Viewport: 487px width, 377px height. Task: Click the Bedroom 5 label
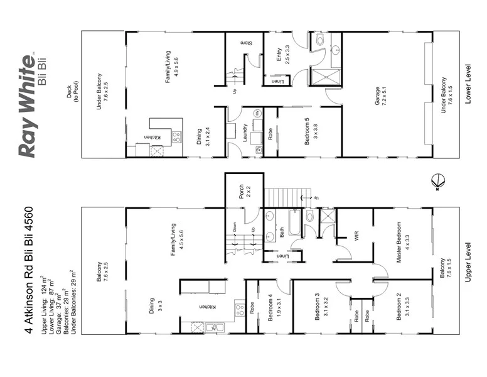pyautogui.click(x=308, y=131)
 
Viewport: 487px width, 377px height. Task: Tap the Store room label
pyautogui.click(x=247, y=43)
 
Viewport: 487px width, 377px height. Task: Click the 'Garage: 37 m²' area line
pyautogui.click(x=53, y=312)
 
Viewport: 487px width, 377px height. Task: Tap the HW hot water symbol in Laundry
pyautogui.click(x=257, y=113)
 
